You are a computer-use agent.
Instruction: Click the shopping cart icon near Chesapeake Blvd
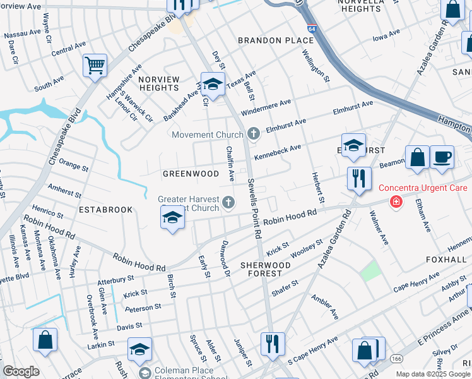(94, 65)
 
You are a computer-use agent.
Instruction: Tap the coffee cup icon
(442, 157)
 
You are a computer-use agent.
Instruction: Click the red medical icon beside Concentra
(396, 202)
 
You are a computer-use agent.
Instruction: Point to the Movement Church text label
(208, 135)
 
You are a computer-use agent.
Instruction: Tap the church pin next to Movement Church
(253, 133)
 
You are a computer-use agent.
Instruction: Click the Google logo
(21, 371)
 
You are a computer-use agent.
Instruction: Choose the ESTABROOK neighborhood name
(105, 209)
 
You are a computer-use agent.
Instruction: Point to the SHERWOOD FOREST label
(265, 269)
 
